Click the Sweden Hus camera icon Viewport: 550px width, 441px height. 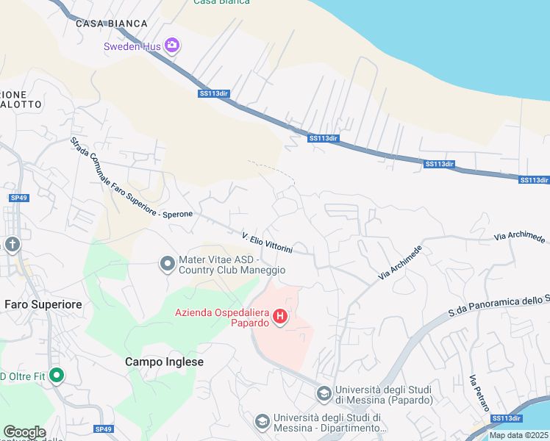point(172,46)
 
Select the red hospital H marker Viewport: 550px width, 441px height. point(280,317)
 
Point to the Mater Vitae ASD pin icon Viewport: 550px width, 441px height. point(167,262)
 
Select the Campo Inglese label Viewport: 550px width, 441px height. point(164,362)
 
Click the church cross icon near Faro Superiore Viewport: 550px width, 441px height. point(12,244)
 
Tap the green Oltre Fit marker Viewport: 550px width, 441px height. point(56,376)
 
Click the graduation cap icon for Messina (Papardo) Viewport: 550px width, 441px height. point(324,394)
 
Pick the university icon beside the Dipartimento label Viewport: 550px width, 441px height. point(262,422)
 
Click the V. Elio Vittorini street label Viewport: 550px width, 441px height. point(268,243)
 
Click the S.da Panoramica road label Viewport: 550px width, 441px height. point(500,304)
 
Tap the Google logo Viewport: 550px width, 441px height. point(24,432)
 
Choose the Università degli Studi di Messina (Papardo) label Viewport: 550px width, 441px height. point(382,395)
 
